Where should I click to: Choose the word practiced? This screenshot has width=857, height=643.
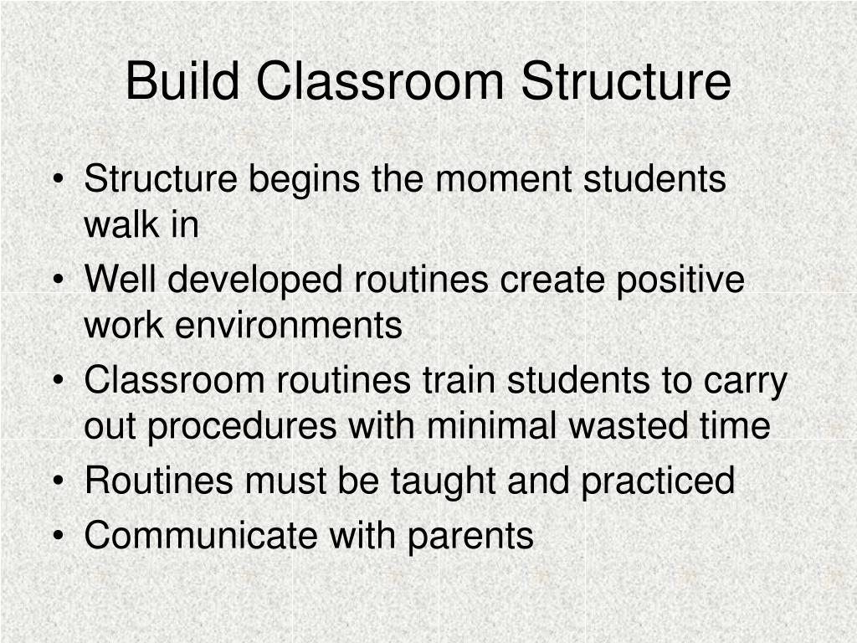tap(665, 481)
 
